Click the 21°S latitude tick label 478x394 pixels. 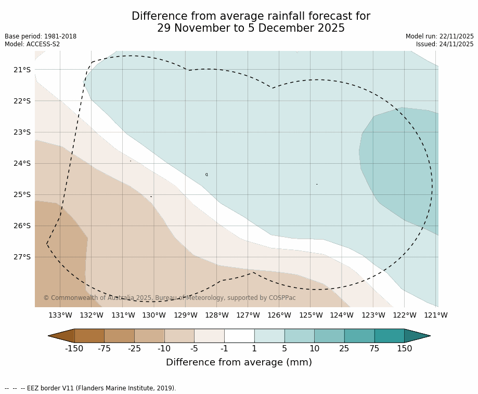click(x=22, y=70)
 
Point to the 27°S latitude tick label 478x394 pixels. click(x=22, y=257)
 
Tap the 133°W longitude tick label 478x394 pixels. click(x=60, y=315)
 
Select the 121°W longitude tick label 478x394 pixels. click(x=435, y=315)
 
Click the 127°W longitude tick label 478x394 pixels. click(x=248, y=315)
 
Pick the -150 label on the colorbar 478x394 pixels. click(x=74, y=348)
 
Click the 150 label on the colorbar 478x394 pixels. click(x=404, y=348)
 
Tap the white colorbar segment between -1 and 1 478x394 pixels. click(x=239, y=336)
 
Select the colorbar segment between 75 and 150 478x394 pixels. click(x=389, y=336)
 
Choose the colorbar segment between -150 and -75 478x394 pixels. click(x=89, y=336)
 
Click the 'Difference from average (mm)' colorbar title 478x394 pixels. click(x=239, y=362)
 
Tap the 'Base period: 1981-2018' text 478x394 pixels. click(x=41, y=36)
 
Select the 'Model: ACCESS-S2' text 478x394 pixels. click(x=32, y=44)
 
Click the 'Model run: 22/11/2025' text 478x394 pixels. click(x=440, y=36)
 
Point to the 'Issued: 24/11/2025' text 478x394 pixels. click(x=445, y=44)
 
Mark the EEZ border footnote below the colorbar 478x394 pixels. click(x=91, y=388)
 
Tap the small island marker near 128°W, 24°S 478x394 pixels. click(x=206, y=175)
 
